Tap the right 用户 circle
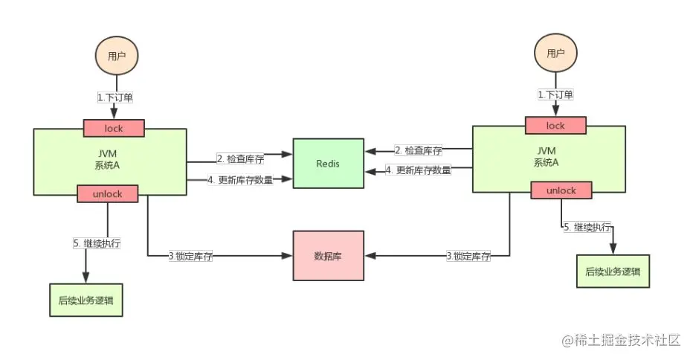555,53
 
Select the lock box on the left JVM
113,128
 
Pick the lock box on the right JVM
555,126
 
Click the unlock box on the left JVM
109,193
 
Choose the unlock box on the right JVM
561,190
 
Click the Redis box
327,163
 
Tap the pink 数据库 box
328,255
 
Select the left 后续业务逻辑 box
86,300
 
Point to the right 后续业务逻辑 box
612,271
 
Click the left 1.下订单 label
115,97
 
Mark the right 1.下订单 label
555,94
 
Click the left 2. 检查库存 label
239,158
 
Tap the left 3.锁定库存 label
190,256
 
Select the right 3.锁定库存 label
468,256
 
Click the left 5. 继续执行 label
97,243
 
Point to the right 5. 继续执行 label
588,227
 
